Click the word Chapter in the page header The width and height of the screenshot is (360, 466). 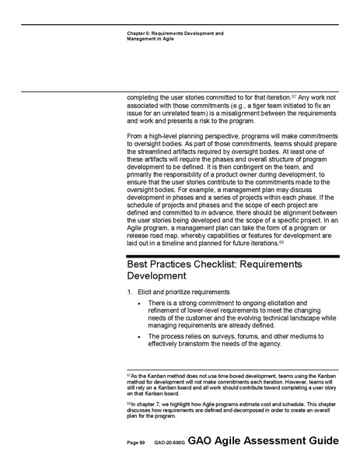click(134, 33)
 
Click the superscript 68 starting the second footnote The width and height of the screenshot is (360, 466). click(128, 403)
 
